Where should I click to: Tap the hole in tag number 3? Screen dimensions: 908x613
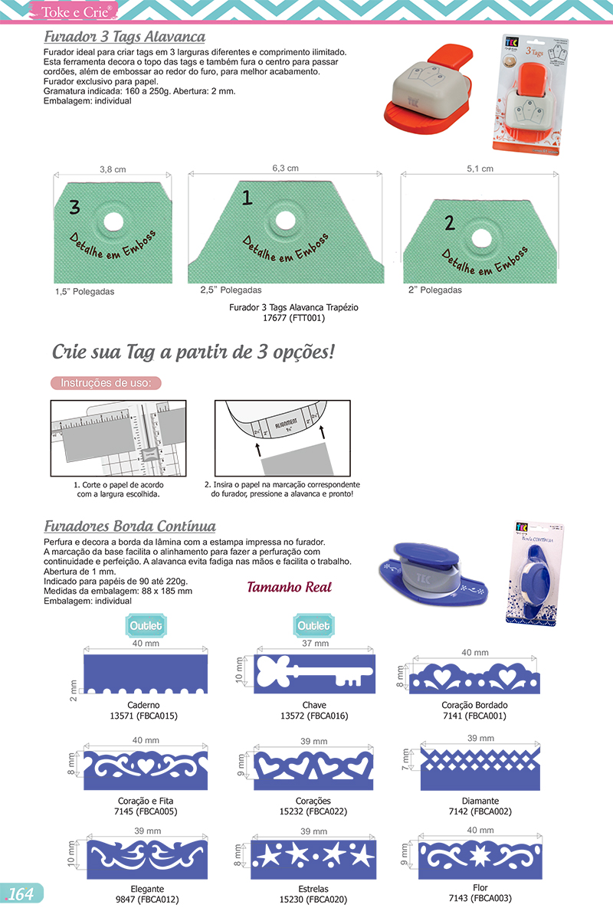coord(113,220)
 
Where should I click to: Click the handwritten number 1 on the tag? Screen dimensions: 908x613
coord(247,198)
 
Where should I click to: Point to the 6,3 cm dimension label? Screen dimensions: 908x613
coord(285,168)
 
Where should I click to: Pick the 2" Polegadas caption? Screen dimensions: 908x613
coord(434,290)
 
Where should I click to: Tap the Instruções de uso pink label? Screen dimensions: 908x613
coord(106,382)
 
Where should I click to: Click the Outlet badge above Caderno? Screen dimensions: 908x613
coord(146,626)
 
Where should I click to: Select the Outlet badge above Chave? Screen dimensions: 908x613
coord(313,626)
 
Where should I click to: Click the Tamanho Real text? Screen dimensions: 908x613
coord(289,588)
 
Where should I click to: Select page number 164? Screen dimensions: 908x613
coord(21,893)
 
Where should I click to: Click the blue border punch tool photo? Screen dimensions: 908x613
coord(430,574)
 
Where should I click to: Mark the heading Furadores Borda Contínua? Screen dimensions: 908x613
coord(129,526)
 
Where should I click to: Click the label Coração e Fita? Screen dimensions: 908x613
coord(146,801)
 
